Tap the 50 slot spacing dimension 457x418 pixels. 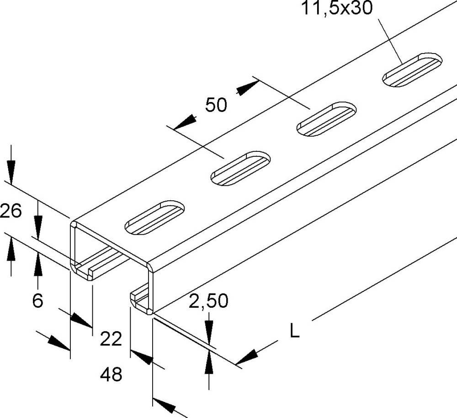click(216, 105)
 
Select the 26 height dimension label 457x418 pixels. click(11, 212)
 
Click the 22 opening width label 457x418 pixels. click(112, 339)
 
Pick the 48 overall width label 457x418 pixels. click(112, 375)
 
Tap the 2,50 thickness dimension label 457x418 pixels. click(208, 301)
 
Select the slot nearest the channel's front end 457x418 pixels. click(155, 217)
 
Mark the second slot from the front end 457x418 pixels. click(240, 168)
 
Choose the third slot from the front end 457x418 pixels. click(326, 118)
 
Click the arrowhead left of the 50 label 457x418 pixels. click(186, 122)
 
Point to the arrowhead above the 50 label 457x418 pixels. click(247, 87)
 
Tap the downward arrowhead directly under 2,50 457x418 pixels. click(209, 330)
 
